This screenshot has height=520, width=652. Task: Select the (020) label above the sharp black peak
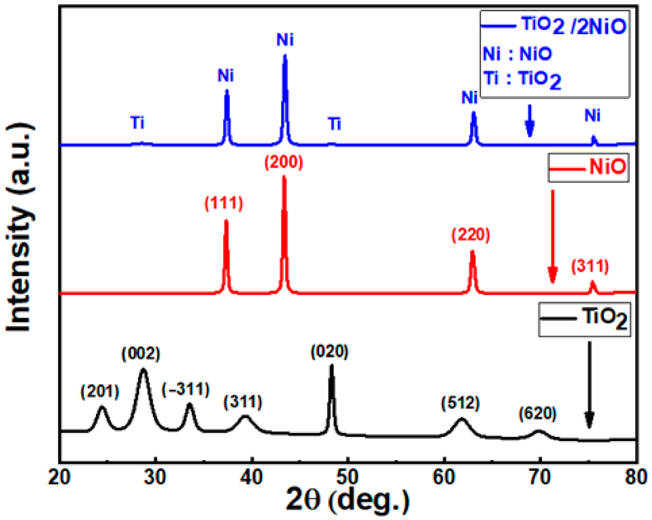(330, 351)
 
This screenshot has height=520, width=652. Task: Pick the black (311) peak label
(243, 402)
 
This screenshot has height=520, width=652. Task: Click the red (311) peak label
(590, 266)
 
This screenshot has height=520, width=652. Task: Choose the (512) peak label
(460, 403)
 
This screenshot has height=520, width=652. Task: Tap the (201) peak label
(100, 392)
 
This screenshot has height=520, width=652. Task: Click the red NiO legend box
(588, 168)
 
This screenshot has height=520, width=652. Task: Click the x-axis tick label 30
(155, 477)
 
